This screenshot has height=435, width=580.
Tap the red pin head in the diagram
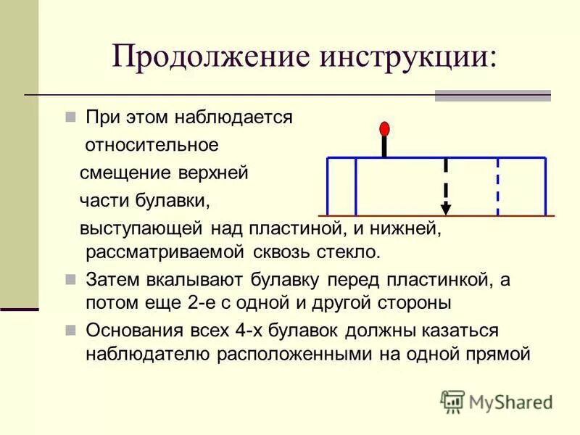click(384, 130)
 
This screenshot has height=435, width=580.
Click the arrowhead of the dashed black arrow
click(446, 209)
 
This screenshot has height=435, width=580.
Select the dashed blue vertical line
click(498, 186)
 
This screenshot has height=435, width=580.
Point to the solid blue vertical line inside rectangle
click(356, 186)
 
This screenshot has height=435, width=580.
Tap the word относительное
click(152, 145)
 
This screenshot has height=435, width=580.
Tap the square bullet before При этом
click(71, 117)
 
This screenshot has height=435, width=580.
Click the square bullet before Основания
click(71, 331)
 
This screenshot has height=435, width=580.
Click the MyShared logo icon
click(452, 401)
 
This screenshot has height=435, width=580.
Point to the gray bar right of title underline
click(492, 96)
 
